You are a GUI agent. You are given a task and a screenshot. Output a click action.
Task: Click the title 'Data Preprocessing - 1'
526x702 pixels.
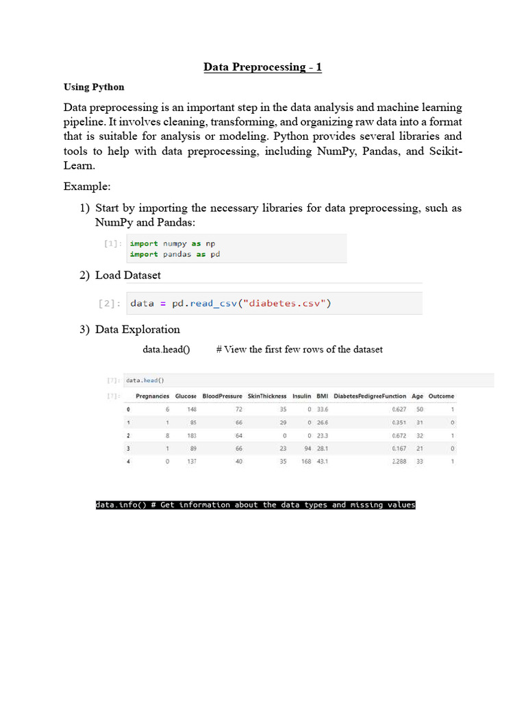262,67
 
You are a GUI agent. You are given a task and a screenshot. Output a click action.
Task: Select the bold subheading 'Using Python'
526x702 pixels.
94,87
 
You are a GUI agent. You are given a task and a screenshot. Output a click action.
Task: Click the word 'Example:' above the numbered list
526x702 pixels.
86,186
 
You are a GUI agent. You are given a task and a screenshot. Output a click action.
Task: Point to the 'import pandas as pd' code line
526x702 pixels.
175,254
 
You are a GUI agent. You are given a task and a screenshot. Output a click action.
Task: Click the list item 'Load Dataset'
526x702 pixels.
128,275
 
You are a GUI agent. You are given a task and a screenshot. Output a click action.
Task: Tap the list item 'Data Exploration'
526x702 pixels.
137,329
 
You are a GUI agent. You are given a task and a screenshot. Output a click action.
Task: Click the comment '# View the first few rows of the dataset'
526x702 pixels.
299,350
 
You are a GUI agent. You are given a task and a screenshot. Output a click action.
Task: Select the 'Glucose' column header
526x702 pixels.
186,396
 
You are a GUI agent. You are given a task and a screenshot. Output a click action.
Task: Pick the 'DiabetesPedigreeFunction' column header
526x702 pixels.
370,396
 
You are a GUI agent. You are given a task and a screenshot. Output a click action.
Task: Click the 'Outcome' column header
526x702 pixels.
441,396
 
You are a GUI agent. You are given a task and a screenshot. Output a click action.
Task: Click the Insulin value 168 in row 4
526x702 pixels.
306,462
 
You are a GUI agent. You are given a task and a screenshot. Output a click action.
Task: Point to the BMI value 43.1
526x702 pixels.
322,462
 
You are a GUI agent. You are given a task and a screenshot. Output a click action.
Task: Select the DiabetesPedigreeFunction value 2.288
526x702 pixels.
398,462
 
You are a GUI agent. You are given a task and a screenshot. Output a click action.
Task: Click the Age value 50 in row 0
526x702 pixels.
419,409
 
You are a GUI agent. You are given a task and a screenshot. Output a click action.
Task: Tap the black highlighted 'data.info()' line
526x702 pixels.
255,505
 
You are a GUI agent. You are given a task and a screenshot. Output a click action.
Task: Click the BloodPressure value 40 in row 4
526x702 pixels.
238,462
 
